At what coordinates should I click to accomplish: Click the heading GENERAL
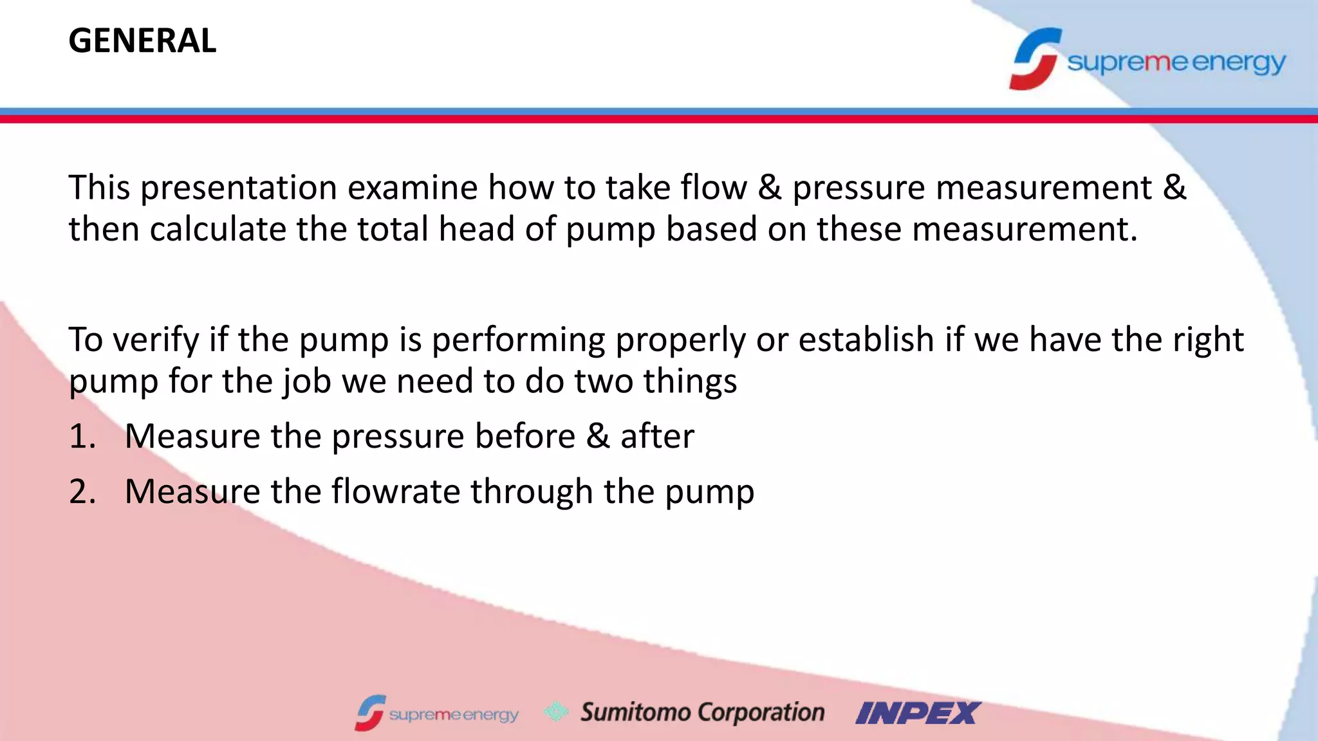142,41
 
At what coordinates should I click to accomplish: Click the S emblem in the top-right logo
1034,59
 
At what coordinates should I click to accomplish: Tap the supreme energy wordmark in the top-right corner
1176,62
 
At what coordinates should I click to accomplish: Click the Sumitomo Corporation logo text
702,713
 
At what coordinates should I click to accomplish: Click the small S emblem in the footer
370,713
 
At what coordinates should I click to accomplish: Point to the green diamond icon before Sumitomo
556,711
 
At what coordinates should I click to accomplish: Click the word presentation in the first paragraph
239,188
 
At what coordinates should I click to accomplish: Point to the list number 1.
82,437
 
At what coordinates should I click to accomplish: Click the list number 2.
82,492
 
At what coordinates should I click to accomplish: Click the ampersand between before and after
598,437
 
